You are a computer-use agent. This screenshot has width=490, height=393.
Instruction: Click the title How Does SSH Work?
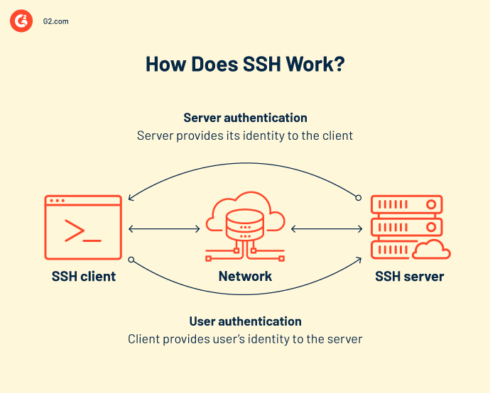(245, 63)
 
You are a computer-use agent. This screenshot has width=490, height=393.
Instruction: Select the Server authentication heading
(245, 118)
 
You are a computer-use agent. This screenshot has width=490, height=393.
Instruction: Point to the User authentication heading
(245, 321)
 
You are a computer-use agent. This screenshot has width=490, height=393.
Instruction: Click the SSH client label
(84, 277)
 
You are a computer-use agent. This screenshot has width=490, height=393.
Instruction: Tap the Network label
(245, 277)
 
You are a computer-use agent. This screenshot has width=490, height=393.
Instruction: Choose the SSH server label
(409, 277)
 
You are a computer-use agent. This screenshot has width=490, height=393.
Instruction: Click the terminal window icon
(83, 227)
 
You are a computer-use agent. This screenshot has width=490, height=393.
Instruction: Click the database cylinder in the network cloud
(245, 226)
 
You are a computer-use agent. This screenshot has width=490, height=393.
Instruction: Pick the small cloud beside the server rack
(432, 250)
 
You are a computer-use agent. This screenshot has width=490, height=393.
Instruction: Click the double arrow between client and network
(165, 229)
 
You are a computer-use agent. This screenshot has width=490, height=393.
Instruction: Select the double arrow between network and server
(326, 229)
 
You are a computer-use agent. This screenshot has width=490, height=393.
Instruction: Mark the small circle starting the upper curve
(359, 198)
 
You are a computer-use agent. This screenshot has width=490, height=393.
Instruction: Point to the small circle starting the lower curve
(131, 260)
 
